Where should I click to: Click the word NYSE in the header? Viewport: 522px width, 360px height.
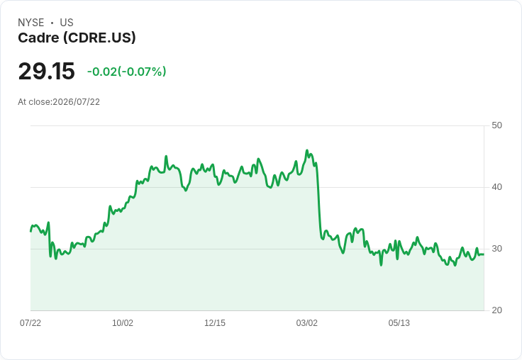click(31, 23)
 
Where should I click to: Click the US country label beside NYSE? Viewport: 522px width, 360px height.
click(67, 23)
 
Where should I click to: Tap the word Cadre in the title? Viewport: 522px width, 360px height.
click(38, 38)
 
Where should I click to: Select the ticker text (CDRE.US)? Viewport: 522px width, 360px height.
click(99, 38)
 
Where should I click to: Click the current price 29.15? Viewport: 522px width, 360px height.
click(47, 71)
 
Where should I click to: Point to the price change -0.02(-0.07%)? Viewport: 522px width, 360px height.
click(126, 72)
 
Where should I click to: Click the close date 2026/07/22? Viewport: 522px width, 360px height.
click(76, 102)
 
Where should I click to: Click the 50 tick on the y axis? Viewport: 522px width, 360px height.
click(496, 125)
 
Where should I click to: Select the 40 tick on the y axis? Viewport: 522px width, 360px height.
click(496, 187)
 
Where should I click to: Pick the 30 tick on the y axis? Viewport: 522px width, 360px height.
click(496, 249)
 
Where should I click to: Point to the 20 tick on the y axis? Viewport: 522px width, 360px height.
click(496, 310)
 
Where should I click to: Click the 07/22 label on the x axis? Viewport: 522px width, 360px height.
click(30, 322)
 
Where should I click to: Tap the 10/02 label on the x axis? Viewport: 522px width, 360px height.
click(123, 322)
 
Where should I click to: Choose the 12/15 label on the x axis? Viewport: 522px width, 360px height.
click(215, 322)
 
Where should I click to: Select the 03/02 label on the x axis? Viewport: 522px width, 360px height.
click(307, 322)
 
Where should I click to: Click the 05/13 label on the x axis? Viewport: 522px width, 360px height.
click(399, 322)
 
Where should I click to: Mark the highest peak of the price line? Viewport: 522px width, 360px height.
click(307, 150)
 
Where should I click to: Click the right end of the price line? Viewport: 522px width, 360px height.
click(484, 254)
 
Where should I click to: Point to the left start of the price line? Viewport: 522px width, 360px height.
click(30, 231)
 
